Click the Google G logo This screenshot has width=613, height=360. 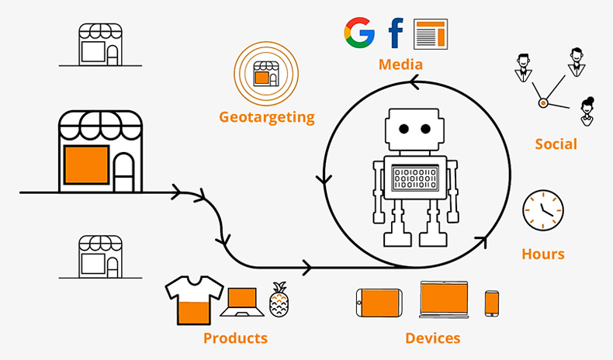click(359, 33)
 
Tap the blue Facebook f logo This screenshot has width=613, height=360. click(396, 33)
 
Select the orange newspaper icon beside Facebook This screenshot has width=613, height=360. click(431, 33)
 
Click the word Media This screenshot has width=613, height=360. click(400, 64)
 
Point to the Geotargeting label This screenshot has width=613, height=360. click(267, 118)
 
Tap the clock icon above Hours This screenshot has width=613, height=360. click(542, 210)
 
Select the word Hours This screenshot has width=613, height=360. click(542, 254)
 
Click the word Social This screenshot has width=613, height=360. click(556, 144)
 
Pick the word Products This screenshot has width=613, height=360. click(235, 338)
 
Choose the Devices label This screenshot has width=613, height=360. click(432, 338)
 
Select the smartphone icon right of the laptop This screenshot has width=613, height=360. click(492, 303)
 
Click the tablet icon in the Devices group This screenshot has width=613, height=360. click(379, 302)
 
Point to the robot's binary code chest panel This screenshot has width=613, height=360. click(415, 178)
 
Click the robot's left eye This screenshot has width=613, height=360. click(403, 128)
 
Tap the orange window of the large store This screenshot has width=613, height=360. click(85, 164)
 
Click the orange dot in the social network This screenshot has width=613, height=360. click(543, 102)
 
